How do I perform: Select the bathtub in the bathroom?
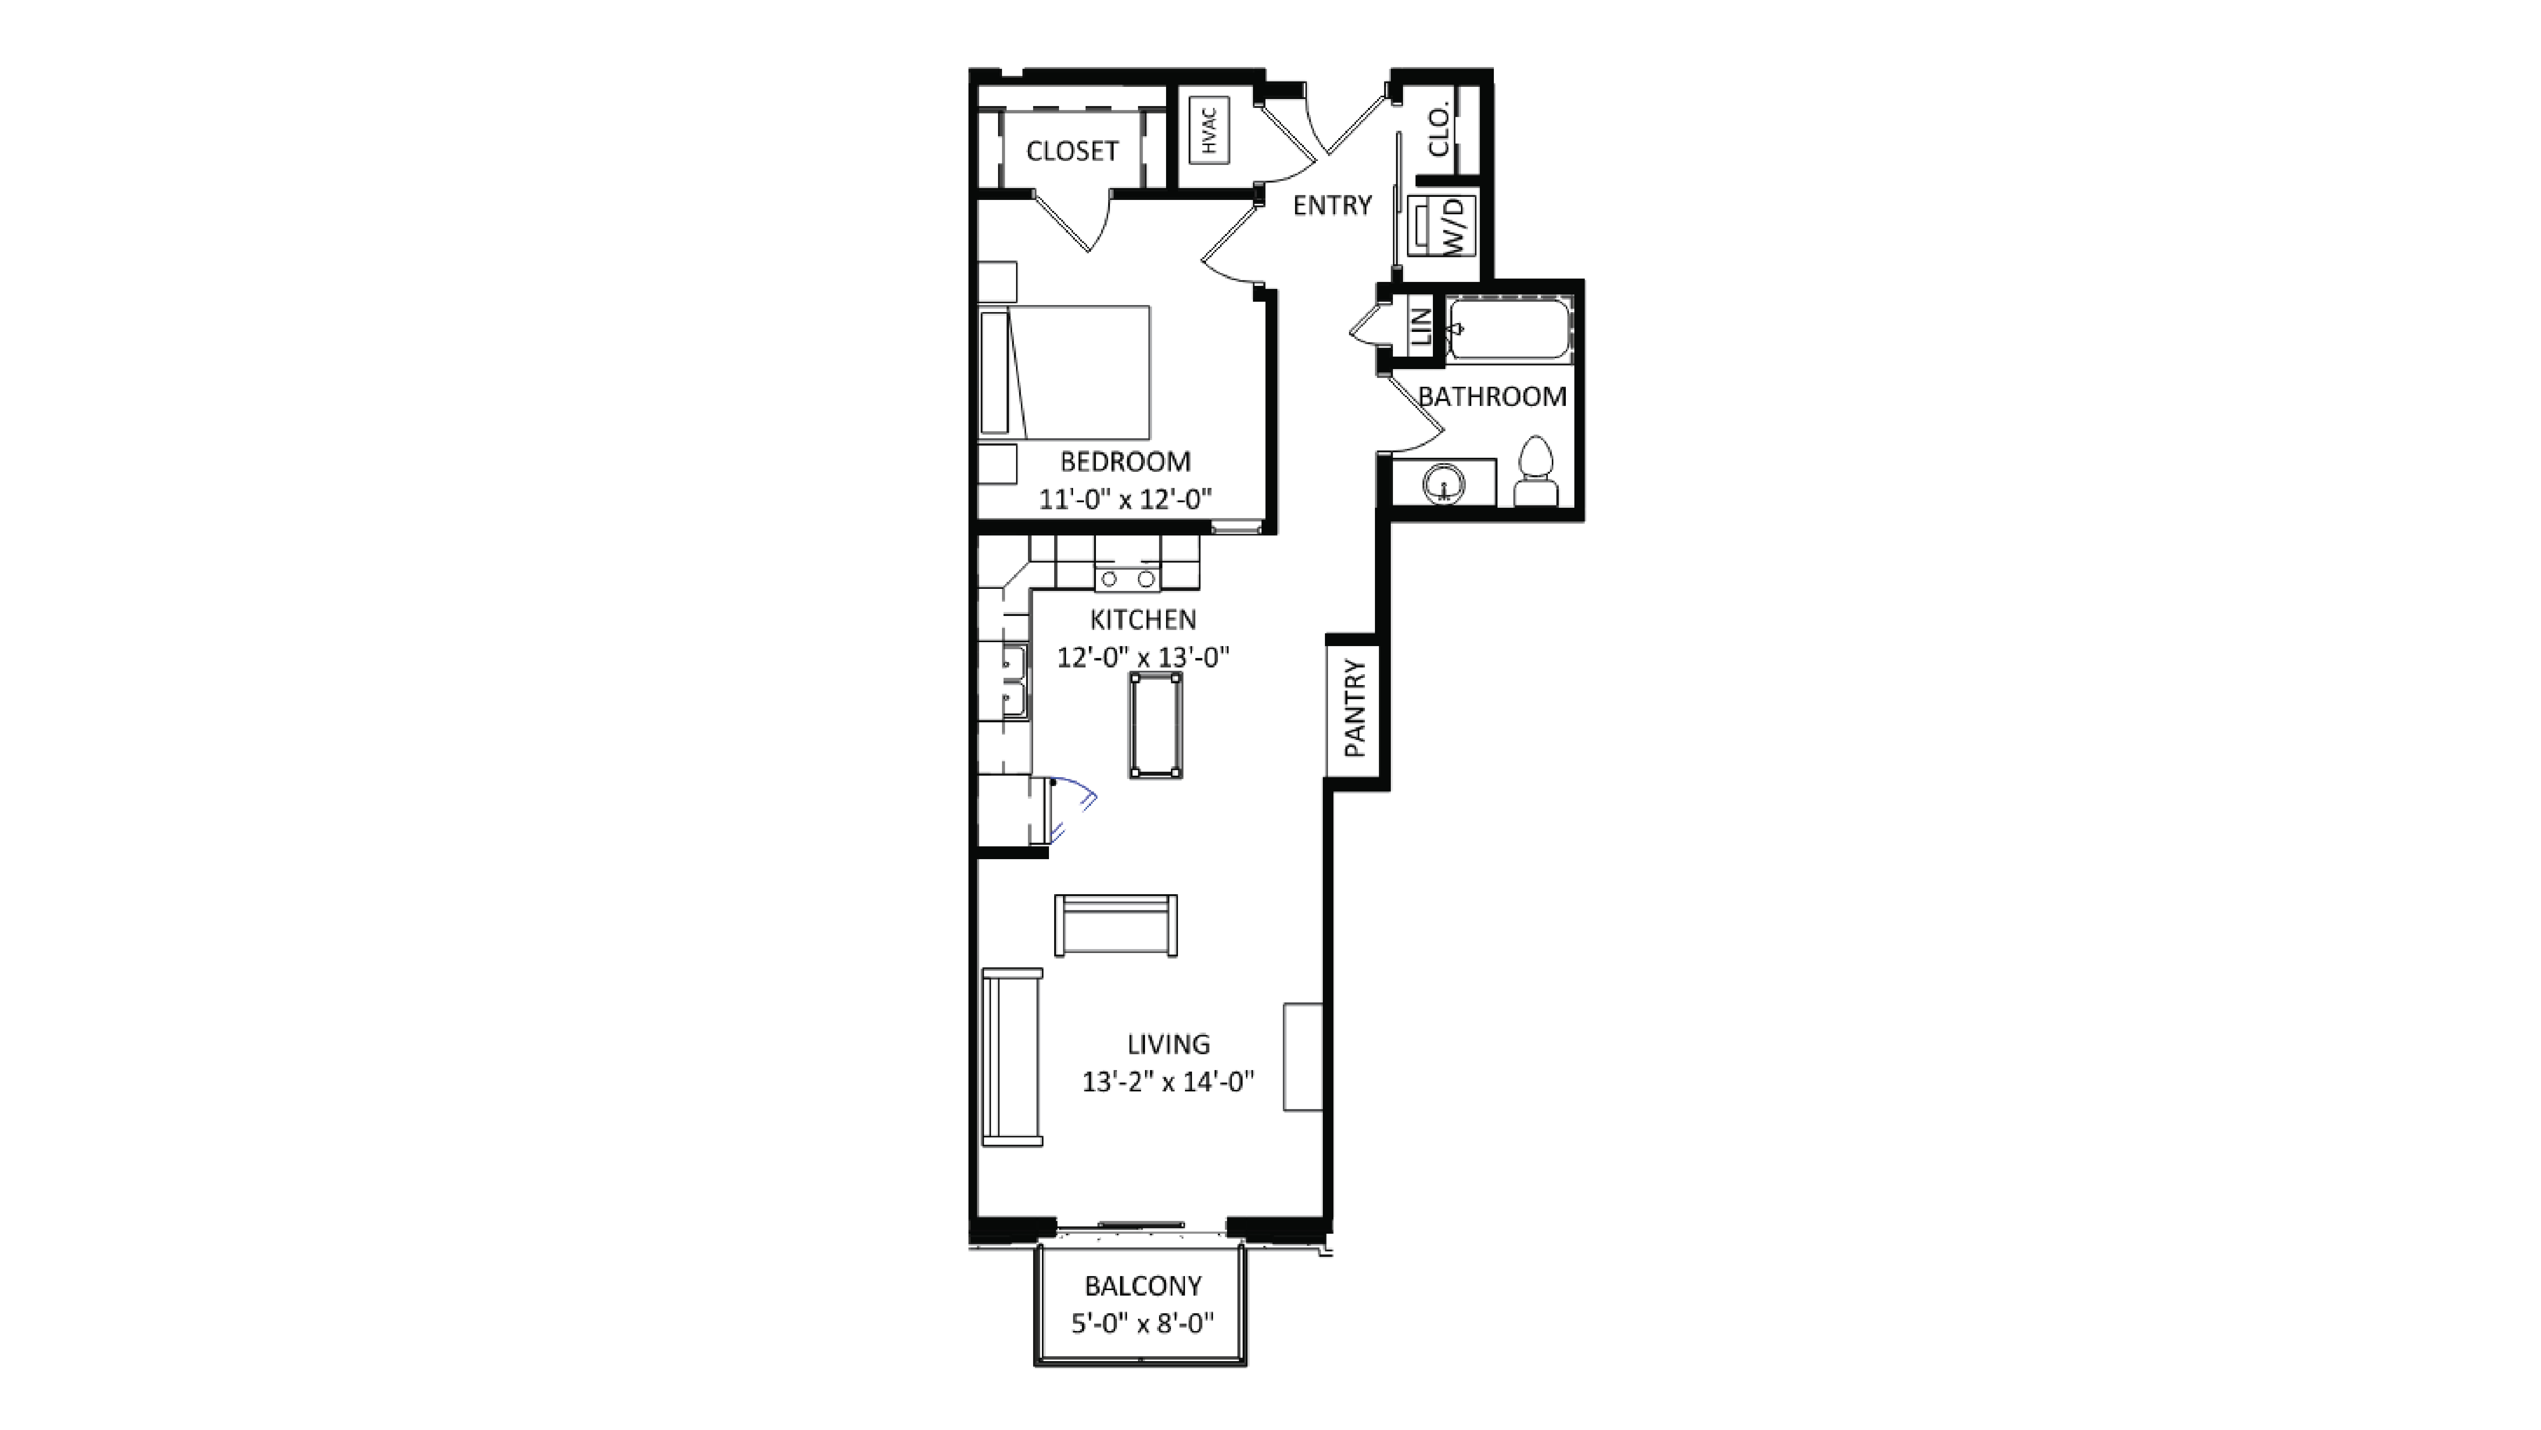coord(1508,329)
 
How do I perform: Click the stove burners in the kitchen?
coord(1127,578)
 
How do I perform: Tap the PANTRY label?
coord(1355,708)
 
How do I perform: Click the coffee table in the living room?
coord(1116,925)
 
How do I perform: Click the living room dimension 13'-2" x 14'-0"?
coord(1168,1082)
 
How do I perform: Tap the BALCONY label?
coord(1142,1286)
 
